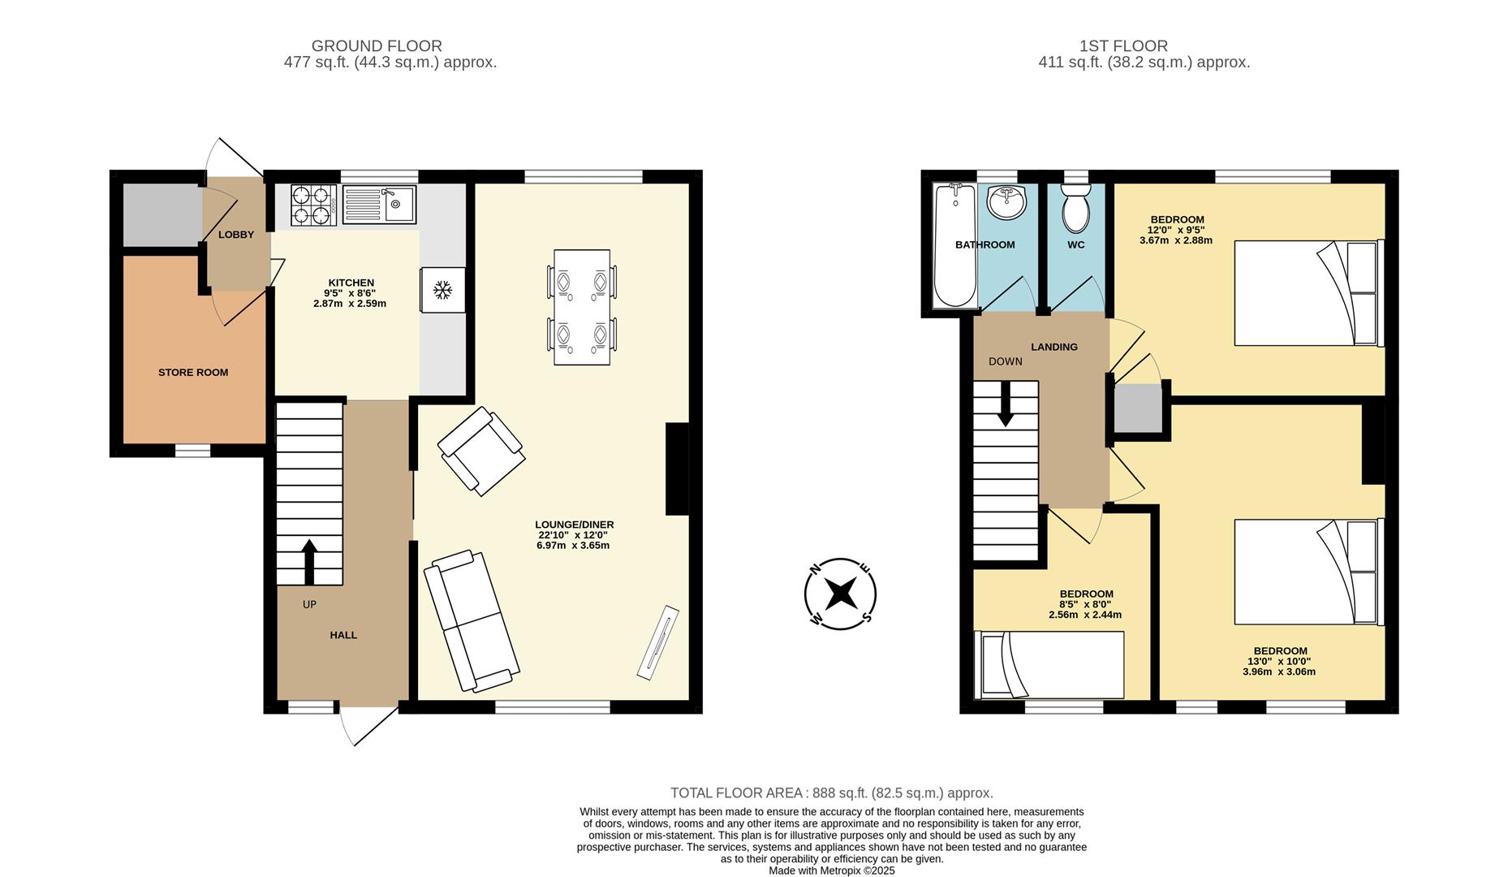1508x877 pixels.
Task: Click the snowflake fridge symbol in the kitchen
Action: pos(442,290)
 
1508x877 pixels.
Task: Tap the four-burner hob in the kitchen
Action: pos(314,205)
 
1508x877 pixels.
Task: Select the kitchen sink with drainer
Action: pos(379,205)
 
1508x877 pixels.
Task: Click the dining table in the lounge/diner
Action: pos(582,307)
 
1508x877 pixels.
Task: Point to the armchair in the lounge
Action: pos(480,451)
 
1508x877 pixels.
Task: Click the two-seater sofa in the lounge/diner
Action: pos(472,621)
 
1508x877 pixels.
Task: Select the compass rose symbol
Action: pos(840,594)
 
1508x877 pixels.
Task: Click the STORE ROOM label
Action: pos(193,373)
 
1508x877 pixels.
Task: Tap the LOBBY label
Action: pos(236,235)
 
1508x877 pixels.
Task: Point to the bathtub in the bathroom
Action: pos(955,246)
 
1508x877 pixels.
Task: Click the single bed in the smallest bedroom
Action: pos(1049,665)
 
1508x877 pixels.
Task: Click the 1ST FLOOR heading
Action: pos(1123,46)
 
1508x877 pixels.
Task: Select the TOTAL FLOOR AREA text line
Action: pos(831,793)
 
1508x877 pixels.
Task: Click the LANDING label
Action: pos(1054,347)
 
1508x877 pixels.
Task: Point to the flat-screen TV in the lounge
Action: pos(658,642)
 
